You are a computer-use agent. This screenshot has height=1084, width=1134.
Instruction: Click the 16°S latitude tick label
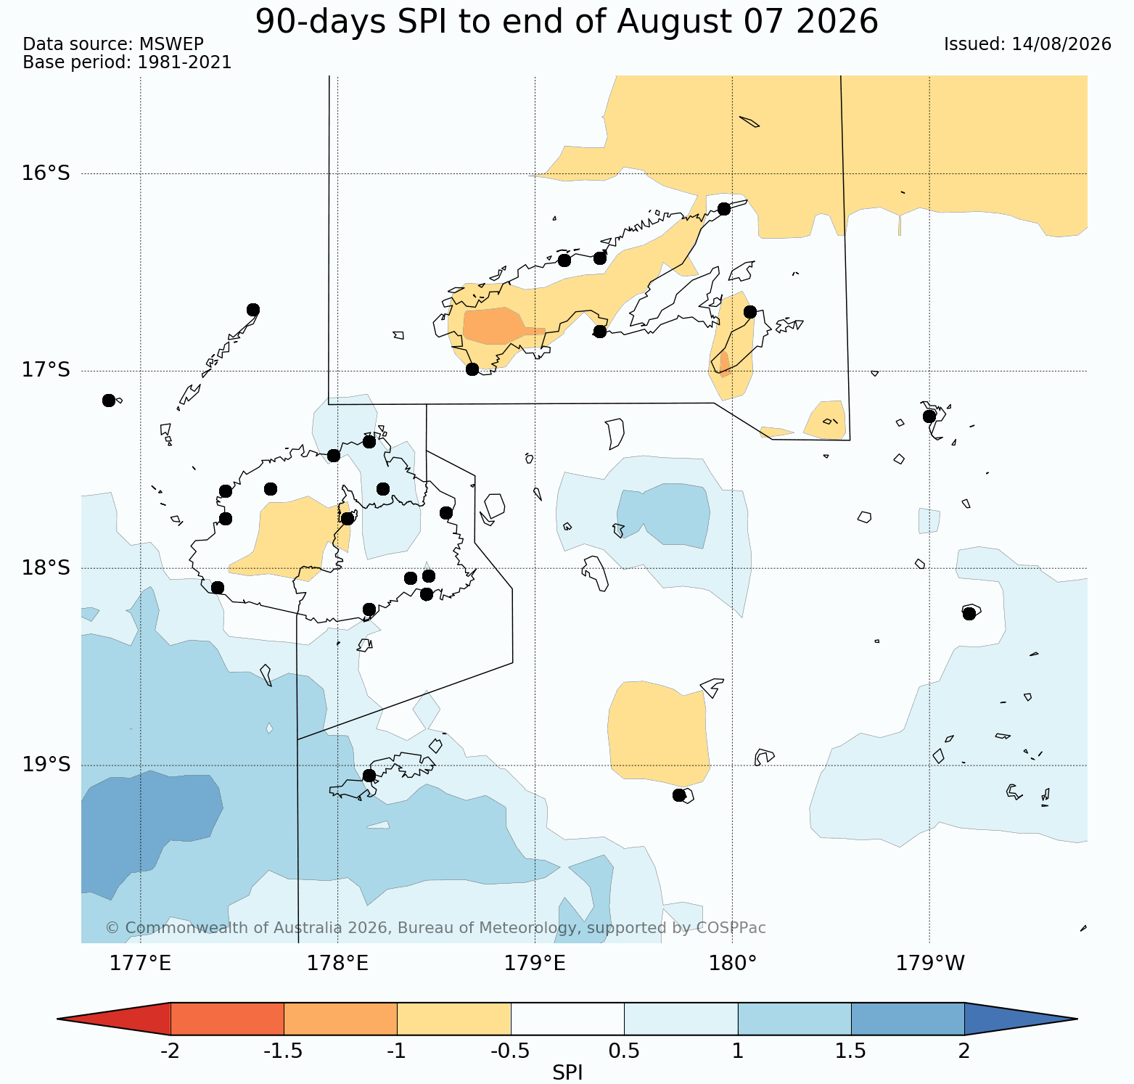tap(46, 173)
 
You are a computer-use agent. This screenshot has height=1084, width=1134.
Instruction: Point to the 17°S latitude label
tap(46, 370)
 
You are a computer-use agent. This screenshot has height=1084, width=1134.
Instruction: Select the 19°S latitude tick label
tap(46, 765)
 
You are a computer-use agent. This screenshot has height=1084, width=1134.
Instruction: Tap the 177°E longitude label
tap(140, 964)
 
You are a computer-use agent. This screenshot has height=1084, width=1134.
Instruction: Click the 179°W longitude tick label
tap(930, 964)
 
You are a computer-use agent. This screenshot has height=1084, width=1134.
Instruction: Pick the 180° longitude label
tap(732, 964)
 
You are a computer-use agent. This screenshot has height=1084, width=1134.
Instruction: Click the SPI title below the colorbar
tap(567, 1072)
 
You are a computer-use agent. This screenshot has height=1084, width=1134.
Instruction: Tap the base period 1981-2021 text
tap(184, 62)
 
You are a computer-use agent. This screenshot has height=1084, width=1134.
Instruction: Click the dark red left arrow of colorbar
tap(114, 1019)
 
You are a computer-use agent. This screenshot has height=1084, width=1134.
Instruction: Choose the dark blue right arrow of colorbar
tap(1021, 1019)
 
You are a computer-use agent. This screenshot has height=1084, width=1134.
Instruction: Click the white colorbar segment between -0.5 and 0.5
tap(567, 1019)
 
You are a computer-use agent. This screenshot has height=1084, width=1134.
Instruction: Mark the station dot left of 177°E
tap(109, 401)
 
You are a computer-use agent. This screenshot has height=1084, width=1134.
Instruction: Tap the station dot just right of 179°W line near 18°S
tap(969, 614)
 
